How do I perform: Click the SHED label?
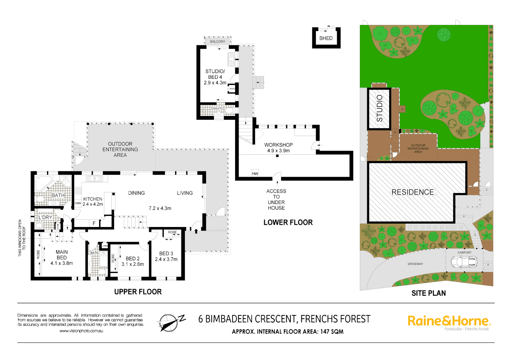click(x=326, y=38)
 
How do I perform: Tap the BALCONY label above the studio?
click(x=217, y=42)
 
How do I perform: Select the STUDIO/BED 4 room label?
click(x=215, y=74)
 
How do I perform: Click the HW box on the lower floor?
click(x=255, y=174)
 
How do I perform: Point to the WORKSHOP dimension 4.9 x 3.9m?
click(x=279, y=151)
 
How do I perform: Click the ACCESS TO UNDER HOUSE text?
click(x=276, y=199)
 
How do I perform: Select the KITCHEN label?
click(x=93, y=199)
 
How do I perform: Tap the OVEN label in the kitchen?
click(x=78, y=203)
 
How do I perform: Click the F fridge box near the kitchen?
click(x=94, y=223)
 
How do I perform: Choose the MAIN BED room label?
click(x=62, y=255)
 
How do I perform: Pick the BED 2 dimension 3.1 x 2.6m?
click(x=133, y=264)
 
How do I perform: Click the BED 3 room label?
click(x=166, y=254)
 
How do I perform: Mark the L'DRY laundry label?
click(x=45, y=217)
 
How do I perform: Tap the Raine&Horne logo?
click(x=449, y=321)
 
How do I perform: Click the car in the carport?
click(x=464, y=262)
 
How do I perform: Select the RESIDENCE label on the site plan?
click(x=413, y=192)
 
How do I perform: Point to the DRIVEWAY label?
click(x=415, y=264)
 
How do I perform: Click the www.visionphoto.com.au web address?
click(x=81, y=331)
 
